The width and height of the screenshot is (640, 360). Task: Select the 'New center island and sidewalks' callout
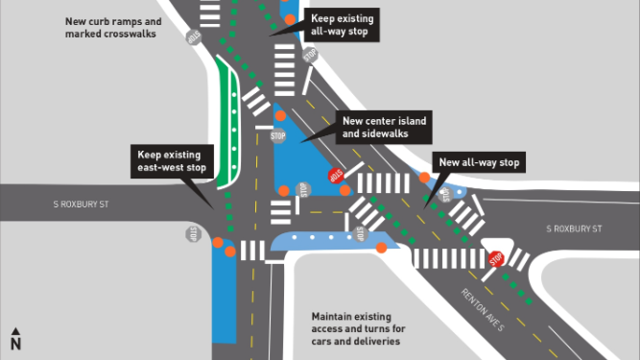point(384,127)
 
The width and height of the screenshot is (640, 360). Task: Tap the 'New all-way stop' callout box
point(479,163)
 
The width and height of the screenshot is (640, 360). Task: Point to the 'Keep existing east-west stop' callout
point(171,160)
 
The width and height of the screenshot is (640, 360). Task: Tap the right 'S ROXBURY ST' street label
point(573,229)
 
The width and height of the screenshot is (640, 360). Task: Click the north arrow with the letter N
point(15,339)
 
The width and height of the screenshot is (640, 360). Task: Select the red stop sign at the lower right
point(496,259)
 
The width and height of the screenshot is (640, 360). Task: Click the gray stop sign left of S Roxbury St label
point(193,233)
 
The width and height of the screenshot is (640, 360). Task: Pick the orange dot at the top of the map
point(290,18)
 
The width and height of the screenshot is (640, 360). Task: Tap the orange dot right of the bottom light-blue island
point(382,248)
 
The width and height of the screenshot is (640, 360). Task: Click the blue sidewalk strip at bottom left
point(223,298)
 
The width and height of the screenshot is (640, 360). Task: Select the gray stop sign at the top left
point(193,36)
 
